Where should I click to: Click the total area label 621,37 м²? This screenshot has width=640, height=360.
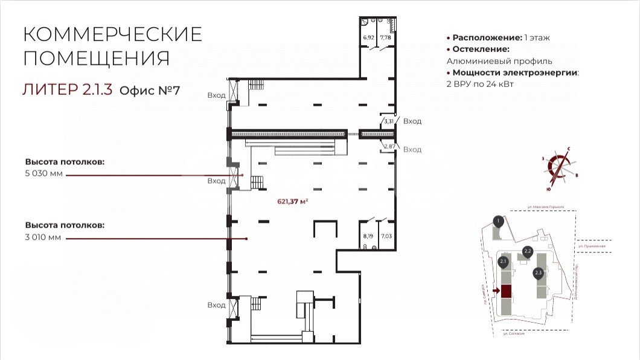[292, 201]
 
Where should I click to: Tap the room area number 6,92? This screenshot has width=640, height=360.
[368, 37]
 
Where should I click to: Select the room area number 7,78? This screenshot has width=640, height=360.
[385, 37]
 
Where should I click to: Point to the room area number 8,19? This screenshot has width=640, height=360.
[368, 229]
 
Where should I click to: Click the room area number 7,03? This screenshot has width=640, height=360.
[385, 229]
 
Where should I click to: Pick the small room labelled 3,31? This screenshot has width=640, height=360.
[388, 121]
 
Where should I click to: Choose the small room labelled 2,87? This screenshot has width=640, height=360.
[388, 146]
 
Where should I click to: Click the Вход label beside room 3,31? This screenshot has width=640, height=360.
[412, 121]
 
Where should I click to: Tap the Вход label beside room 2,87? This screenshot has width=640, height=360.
[412, 150]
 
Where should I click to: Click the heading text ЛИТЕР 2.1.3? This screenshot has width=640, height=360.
[67, 91]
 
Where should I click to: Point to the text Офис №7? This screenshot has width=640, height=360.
[150, 91]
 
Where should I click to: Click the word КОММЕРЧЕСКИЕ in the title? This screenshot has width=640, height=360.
[112, 34]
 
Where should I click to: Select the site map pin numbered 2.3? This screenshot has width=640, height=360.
[539, 273]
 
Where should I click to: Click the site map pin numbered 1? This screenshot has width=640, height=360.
[498, 221]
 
